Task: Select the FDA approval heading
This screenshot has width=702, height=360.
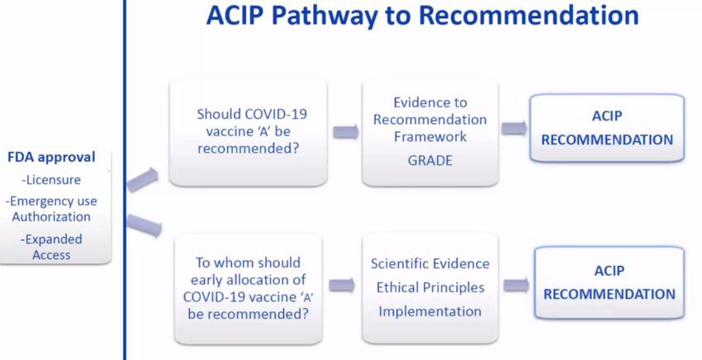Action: pos(51,157)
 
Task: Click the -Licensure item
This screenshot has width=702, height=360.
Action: pos(51,180)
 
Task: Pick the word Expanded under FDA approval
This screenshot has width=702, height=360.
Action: pos(54,239)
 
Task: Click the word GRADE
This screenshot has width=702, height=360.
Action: pos(429,161)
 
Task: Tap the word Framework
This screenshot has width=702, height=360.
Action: pos(430,136)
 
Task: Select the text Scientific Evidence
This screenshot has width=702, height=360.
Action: pos(429,263)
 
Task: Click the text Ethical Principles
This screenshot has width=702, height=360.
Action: pos(430,287)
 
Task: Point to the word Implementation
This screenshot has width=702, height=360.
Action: pos(429,311)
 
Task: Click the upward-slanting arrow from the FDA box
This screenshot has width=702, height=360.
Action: pos(142,179)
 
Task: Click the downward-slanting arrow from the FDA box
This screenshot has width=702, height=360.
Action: pos(144,225)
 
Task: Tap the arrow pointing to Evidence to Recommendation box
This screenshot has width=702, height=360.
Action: pos(345,131)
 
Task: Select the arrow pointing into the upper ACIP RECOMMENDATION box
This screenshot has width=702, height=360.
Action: pos(514,128)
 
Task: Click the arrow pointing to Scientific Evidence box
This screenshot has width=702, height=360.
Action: pos(342,285)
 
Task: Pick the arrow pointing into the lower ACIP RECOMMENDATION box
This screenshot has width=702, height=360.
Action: pos(516,285)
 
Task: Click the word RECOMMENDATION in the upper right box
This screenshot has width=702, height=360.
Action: pos(607,140)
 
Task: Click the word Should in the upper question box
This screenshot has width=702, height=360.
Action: pos(216,114)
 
